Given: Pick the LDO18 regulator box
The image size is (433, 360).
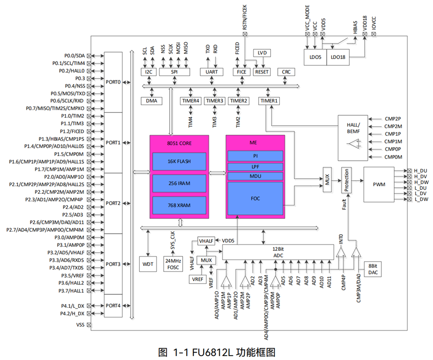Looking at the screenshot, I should click(x=339, y=57).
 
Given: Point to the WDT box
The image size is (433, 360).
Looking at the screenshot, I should click(x=148, y=263).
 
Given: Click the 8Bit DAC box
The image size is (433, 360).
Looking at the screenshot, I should click(x=372, y=269).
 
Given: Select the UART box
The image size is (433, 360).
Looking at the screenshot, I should click(x=212, y=72).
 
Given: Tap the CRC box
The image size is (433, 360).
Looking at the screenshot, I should click(x=286, y=72).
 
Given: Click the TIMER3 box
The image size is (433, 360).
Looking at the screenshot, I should click(x=214, y=101).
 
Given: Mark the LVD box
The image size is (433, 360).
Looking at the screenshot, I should click(x=263, y=53).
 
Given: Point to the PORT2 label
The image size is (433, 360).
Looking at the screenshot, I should click(x=113, y=203).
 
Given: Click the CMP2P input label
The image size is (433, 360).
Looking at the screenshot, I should click(x=393, y=119).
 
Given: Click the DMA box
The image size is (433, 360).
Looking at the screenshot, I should click(x=152, y=101).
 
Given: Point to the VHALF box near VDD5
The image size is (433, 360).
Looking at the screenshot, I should click(x=206, y=241).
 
